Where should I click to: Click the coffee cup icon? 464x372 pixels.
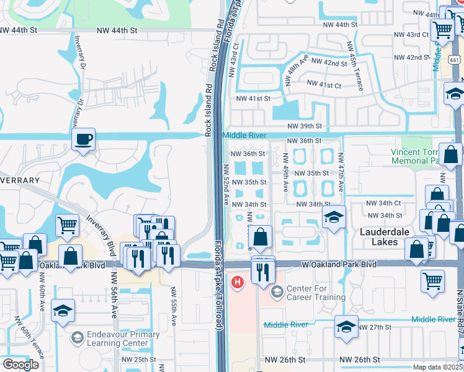[x=83, y=139]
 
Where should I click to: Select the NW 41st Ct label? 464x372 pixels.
[x=324, y=84]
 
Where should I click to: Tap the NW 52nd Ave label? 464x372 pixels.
[x=226, y=186]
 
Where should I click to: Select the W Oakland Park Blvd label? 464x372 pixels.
[x=339, y=264]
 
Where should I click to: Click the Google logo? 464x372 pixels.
[x=20, y=365]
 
